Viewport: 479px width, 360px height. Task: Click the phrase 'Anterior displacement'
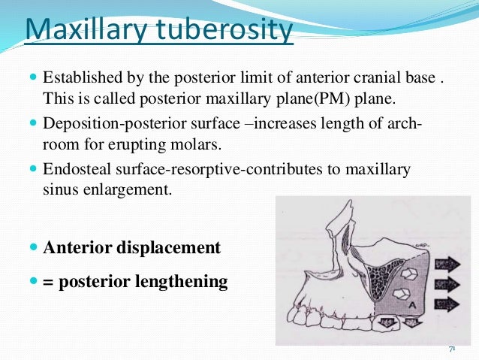point(132,247)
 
